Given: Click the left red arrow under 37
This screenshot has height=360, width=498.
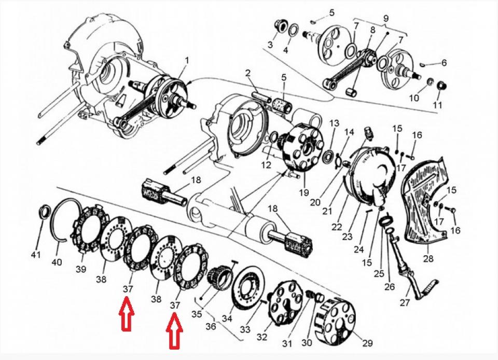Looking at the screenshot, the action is point(127,313).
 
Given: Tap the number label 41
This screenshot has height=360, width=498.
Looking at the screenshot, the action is point(36,254).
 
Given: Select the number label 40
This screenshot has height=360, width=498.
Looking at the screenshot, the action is point(57,262).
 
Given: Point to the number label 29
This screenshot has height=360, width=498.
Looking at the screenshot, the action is point(367,343).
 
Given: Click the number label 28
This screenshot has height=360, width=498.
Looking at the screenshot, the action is point(428,259).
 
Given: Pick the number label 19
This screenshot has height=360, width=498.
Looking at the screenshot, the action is point(303,192).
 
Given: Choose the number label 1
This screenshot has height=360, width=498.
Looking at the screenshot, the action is point(187,60).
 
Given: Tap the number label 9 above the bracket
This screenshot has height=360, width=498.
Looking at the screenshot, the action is point(386,18).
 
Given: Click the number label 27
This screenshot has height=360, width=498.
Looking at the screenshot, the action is point(405,302).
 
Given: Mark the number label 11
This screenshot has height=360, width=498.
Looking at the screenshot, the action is point(437,105).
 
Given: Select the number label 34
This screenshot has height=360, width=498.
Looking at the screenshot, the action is point(227,318).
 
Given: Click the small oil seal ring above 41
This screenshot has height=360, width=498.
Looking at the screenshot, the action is point(44,212).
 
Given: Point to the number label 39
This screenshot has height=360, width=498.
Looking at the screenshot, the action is point(81,269).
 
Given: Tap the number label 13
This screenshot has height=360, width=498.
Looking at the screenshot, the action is point(334,123).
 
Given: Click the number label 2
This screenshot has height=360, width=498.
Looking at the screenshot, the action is point(248,73).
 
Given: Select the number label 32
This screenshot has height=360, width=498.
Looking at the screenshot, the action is point(261,337).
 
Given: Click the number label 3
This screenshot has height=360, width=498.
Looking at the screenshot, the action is point(270,45).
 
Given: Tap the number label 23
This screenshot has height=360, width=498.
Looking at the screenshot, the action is point(348,237).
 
